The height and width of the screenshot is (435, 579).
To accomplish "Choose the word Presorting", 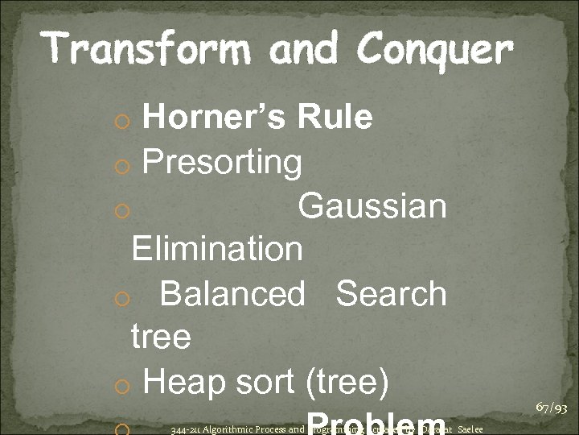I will (222, 163).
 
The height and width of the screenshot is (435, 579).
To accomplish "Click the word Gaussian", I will (372, 206).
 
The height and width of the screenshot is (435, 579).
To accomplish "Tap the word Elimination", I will (217, 249).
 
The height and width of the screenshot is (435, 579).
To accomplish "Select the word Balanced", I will (232, 293).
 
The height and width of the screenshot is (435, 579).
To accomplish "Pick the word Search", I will (391, 293).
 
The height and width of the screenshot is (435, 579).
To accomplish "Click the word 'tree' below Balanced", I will (160, 336).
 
